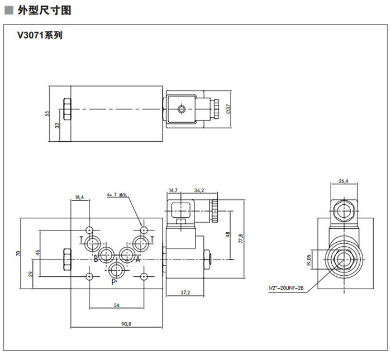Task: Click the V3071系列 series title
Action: tap(40, 35)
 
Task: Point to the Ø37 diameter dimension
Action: tap(228, 109)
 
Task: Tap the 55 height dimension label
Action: tap(48, 113)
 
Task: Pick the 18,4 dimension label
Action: tap(79, 197)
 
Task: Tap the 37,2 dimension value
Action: tap(186, 292)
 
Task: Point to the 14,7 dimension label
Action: tap(173, 190)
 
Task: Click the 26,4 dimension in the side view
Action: tap(344, 181)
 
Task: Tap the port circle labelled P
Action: tap(117, 270)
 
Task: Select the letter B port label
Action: tap(96, 258)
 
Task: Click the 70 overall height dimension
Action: tap(18, 254)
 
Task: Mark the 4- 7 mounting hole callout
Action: tap(116, 195)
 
